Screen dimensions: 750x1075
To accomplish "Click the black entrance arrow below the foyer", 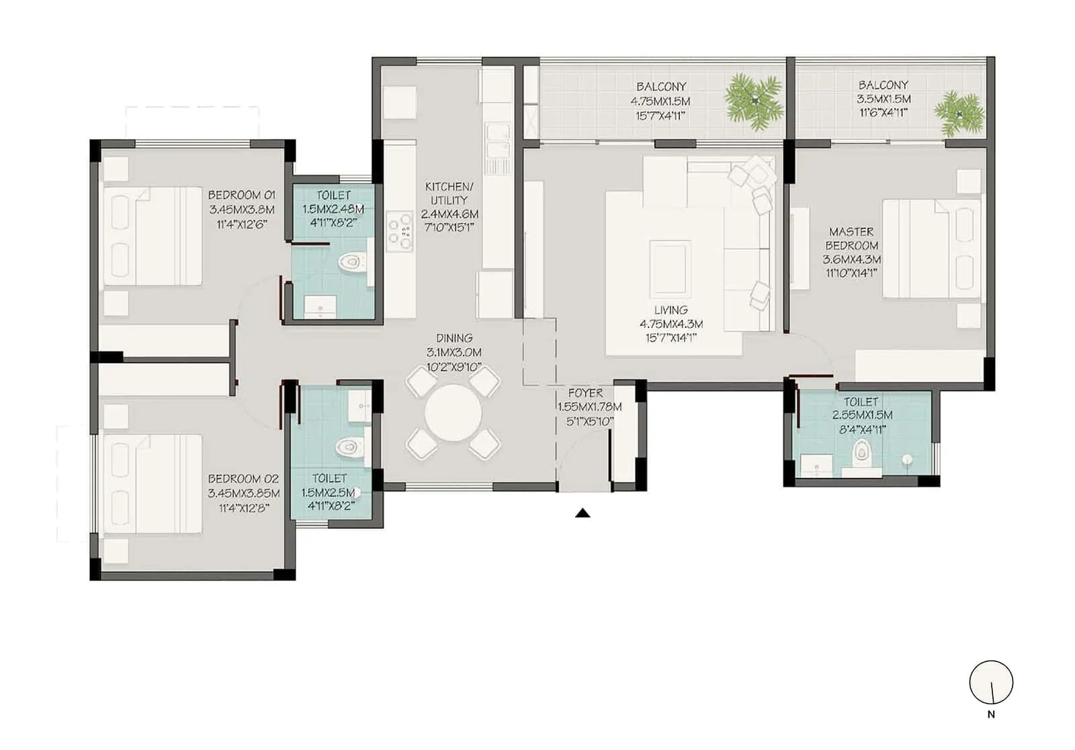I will pyautogui.click(x=583, y=513).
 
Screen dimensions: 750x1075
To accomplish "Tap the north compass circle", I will pyautogui.click(x=991, y=683).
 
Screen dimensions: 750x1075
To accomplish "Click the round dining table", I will pyautogui.click(x=454, y=412).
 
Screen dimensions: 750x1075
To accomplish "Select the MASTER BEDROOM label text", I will pyautogui.click(x=852, y=239).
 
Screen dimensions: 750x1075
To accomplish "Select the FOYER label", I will pyautogui.click(x=585, y=393).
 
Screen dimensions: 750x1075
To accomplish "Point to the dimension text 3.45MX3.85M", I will pyautogui.click(x=243, y=493).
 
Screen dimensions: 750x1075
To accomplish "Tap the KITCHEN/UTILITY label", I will pyautogui.click(x=449, y=193).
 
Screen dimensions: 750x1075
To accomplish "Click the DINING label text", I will pyautogui.click(x=454, y=339).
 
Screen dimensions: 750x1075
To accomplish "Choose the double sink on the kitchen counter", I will pyautogui.click(x=497, y=142).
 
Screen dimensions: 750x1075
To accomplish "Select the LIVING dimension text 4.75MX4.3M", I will pyautogui.click(x=671, y=324).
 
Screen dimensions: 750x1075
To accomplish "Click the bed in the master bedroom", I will pyautogui.click(x=931, y=248).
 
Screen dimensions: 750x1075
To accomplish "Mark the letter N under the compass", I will pyautogui.click(x=991, y=715).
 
